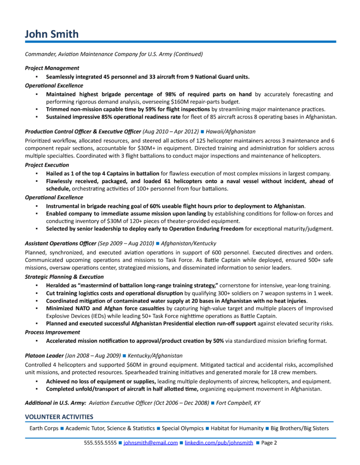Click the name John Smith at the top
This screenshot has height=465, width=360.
pyautogui.click(x=51, y=34)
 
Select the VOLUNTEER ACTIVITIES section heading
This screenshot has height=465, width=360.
pyautogui.click(x=59, y=416)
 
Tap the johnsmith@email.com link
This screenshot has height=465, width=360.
pyautogui.click(x=150, y=442)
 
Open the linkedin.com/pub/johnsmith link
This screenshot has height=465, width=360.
pyautogui.click(x=219, y=442)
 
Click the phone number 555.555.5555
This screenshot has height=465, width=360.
pyautogui.click(x=100, y=442)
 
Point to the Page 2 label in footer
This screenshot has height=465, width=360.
pyautogui.click(x=269, y=442)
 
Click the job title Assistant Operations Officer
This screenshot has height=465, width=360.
pyautogui.click(x=60, y=243)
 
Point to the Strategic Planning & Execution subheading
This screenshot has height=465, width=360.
pyautogui.click(x=61, y=277)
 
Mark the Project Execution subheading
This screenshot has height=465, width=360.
pyautogui.click(x=47, y=165)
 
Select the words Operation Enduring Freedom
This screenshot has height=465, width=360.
pyautogui.click(x=210, y=228)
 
